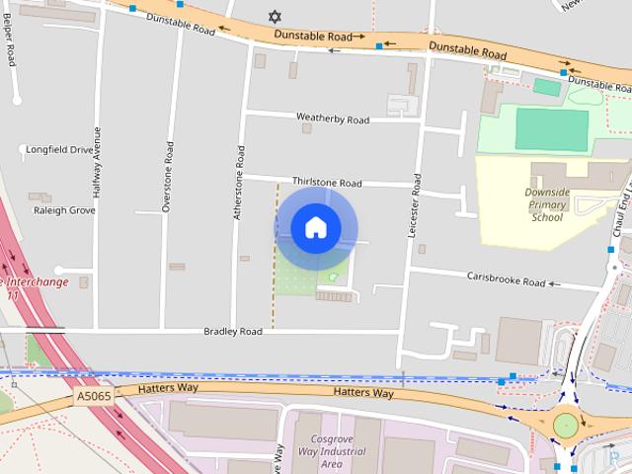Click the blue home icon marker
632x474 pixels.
point(315,228)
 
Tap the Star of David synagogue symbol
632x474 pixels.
point(275,17)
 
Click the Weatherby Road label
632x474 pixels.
point(333,119)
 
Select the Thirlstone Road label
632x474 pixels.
point(327,183)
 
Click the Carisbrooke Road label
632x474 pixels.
point(507,282)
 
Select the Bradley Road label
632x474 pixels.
point(233,332)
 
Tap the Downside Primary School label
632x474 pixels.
point(546,205)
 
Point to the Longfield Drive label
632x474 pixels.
point(61,150)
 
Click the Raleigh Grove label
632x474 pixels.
point(64,210)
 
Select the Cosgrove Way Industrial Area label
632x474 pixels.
point(317,451)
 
